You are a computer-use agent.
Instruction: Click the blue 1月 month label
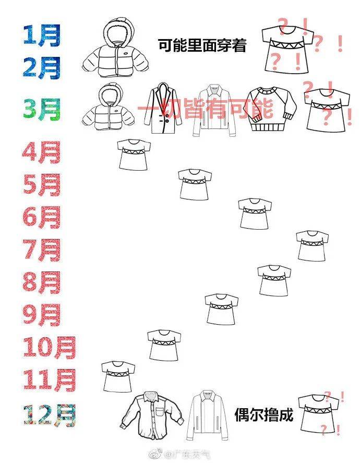click(x=41, y=36)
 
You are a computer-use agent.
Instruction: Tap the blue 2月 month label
click(x=41, y=67)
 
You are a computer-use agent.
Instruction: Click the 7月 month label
click(x=41, y=250)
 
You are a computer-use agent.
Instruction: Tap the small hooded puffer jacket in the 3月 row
click(x=110, y=106)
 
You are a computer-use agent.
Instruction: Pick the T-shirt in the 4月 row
click(x=134, y=154)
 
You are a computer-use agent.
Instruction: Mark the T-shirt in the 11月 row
click(x=118, y=376)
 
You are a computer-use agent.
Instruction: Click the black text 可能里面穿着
click(x=202, y=46)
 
